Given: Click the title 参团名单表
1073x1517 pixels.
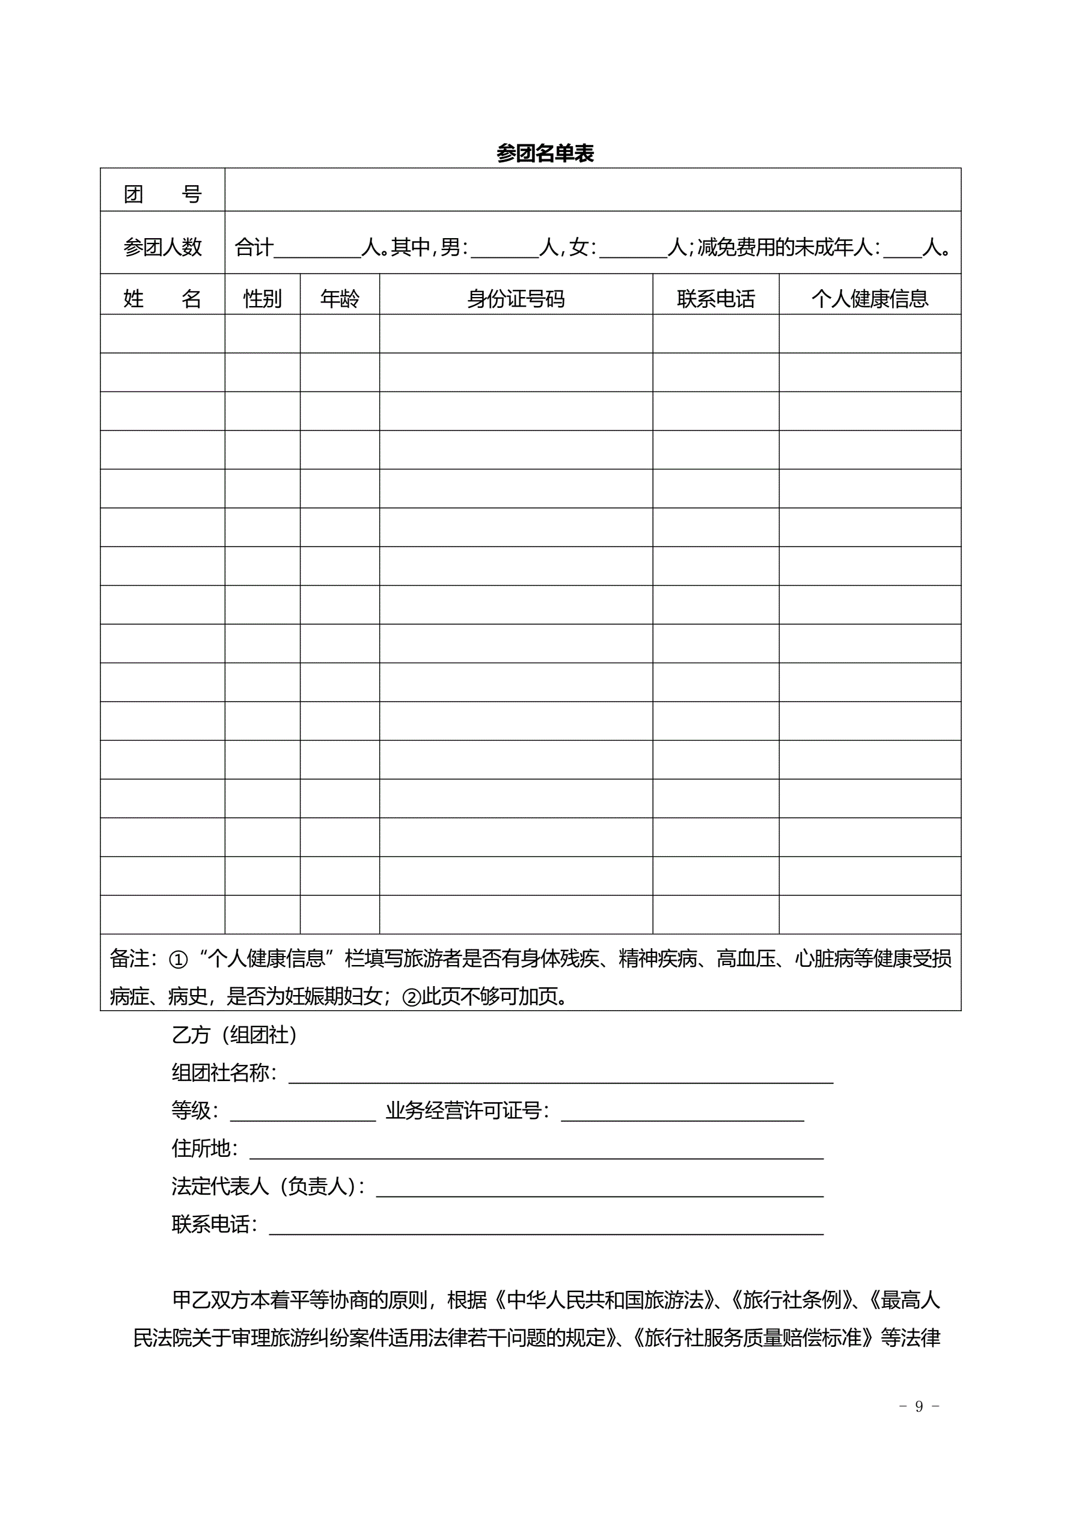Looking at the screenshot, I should pyautogui.click(x=545, y=153).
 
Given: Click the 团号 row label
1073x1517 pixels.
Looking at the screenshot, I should pyautogui.click(x=162, y=194).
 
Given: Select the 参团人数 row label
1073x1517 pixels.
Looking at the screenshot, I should pyautogui.click(x=162, y=247).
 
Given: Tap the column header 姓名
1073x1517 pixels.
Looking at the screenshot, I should pyautogui.click(x=162, y=299).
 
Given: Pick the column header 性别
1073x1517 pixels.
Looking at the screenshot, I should pyautogui.click(x=262, y=299).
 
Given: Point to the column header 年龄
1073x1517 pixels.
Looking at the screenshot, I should pyautogui.click(x=340, y=299).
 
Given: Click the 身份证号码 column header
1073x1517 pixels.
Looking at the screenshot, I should pyautogui.click(x=516, y=299).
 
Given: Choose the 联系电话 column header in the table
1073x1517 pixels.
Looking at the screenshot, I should pyautogui.click(x=715, y=299).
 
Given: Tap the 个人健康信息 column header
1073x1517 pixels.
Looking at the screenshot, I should pyautogui.click(x=869, y=299).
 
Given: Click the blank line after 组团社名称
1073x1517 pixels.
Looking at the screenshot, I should pyautogui.click(x=560, y=1076).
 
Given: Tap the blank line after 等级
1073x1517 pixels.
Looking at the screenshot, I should pyautogui.click(x=302, y=1114).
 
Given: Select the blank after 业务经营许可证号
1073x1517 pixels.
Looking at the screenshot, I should pyautogui.click(x=682, y=1114).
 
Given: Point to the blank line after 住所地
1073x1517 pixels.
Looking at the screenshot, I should pyautogui.click(x=536, y=1151).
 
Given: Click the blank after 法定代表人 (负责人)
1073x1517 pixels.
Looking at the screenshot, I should pyautogui.click(x=599, y=1189).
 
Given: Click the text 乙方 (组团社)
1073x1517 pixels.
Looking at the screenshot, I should pyautogui.click(x=234, y=1035).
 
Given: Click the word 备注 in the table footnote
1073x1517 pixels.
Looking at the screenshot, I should pyautogui.click(x=130, y=958).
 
